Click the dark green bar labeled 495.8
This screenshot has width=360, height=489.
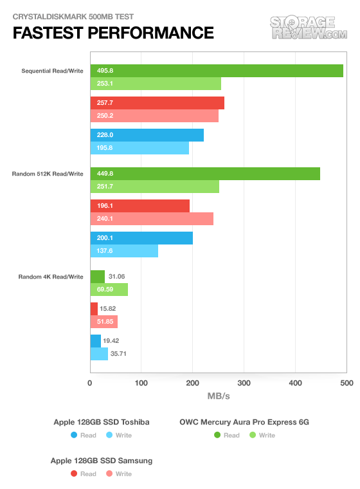point(217,71)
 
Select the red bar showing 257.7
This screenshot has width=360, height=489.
point(157,103)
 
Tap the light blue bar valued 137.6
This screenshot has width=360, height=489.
point(124,251)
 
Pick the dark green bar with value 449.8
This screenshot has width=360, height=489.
point(205,174)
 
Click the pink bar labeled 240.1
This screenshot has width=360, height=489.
point(152,219)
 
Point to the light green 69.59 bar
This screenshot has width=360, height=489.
point(109,290)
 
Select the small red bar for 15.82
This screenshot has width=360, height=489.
point(94,309)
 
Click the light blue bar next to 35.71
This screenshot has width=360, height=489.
point(99,354)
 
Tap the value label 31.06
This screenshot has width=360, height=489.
point(116,277)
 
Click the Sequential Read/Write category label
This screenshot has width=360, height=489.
point(52,71)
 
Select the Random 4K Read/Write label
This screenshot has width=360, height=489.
point(51,277)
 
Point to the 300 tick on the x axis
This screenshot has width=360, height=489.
point(244,383)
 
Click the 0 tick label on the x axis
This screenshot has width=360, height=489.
point(90,383)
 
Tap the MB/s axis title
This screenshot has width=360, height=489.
point(219,396)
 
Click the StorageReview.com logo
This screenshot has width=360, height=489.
point(309,28)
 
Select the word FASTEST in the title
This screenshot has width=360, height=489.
point(48,33)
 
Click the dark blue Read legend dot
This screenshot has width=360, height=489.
point(74,435)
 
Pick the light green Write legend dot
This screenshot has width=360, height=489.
point(253,435)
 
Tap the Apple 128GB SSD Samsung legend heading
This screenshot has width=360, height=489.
point(102,461)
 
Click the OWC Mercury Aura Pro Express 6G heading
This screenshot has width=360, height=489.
point(244,422)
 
